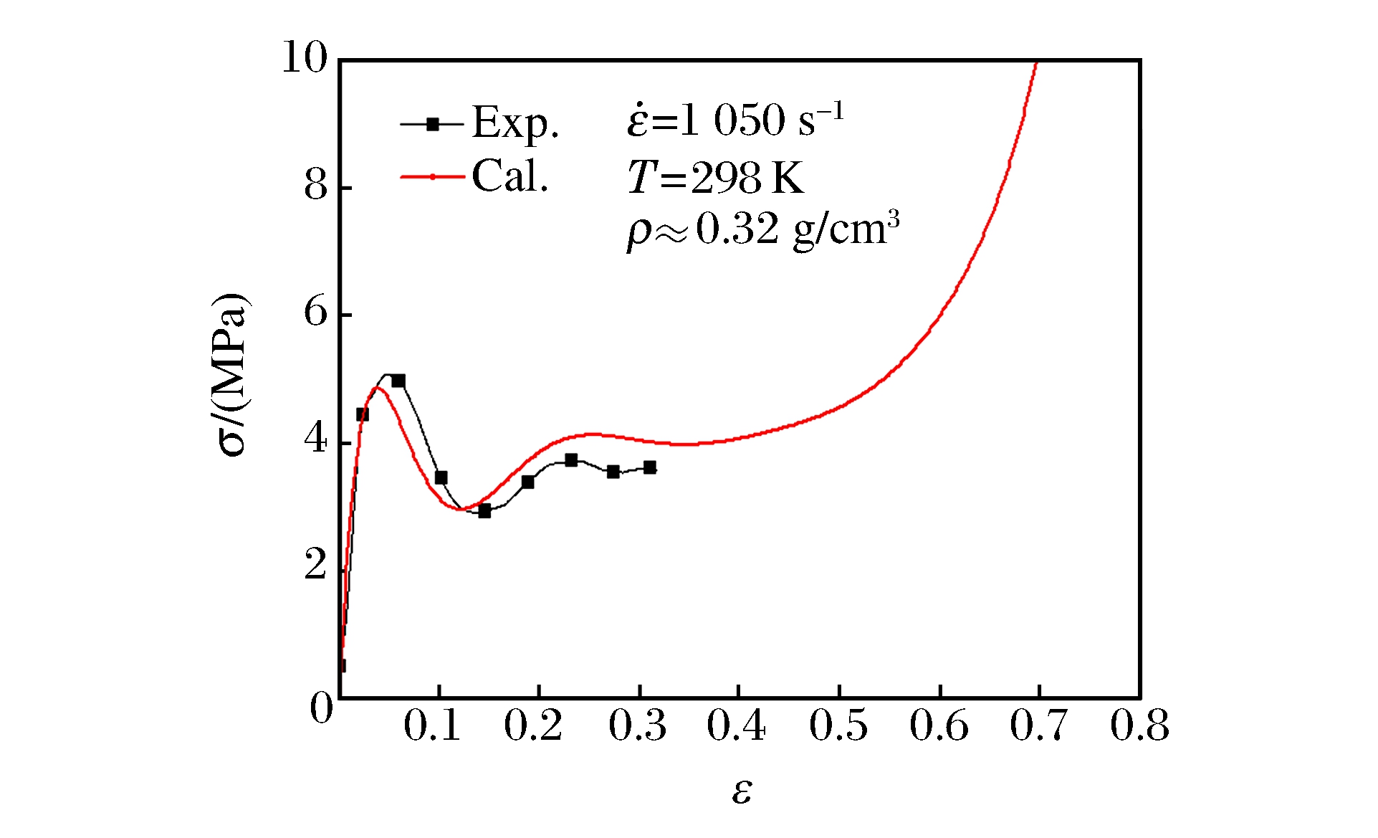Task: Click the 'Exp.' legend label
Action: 515,123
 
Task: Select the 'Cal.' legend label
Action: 509,176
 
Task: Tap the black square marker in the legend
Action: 432,124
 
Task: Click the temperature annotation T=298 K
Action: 715,177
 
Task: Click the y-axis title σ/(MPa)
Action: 231,374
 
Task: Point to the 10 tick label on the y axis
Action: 304,57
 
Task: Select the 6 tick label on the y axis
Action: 315,313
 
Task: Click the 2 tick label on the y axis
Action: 315,566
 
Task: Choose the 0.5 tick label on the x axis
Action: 838,725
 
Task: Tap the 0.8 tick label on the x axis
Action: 1139,725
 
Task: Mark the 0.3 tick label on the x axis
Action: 637,725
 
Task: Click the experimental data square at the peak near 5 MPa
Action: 398,381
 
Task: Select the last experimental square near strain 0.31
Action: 649,467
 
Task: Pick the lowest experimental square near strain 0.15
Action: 484,511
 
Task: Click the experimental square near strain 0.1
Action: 441,477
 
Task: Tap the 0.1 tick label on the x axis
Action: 432,725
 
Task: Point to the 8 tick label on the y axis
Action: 315,186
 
